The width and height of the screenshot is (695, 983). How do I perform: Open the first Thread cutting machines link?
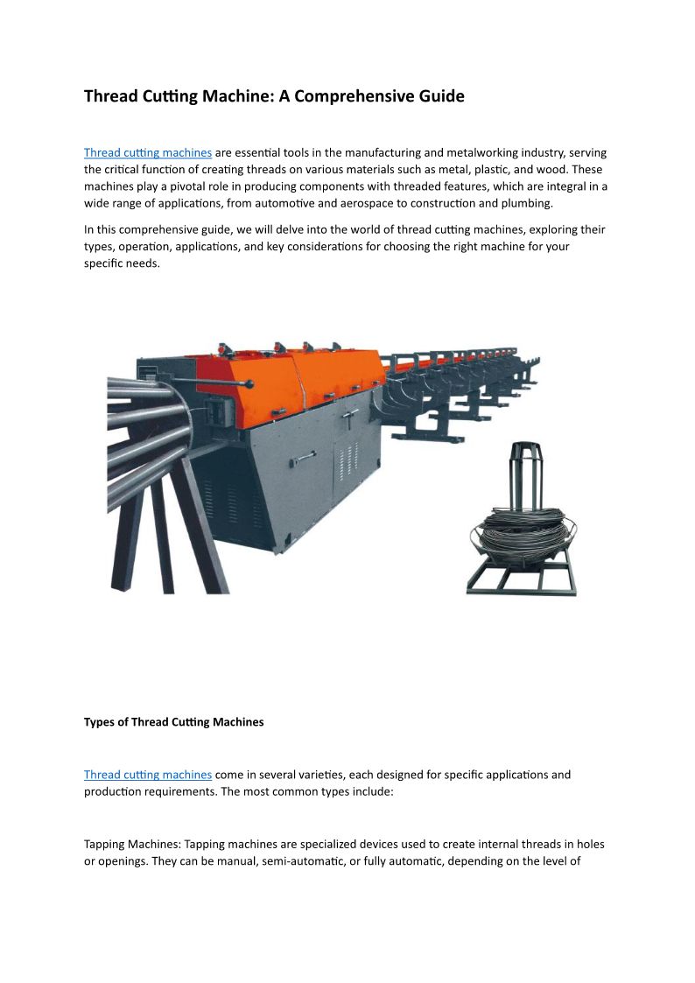click(x=148, y=152)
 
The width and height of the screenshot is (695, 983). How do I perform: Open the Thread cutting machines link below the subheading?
click(x=148, y=775)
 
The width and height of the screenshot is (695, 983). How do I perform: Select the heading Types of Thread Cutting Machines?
click(x=173, y=722)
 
